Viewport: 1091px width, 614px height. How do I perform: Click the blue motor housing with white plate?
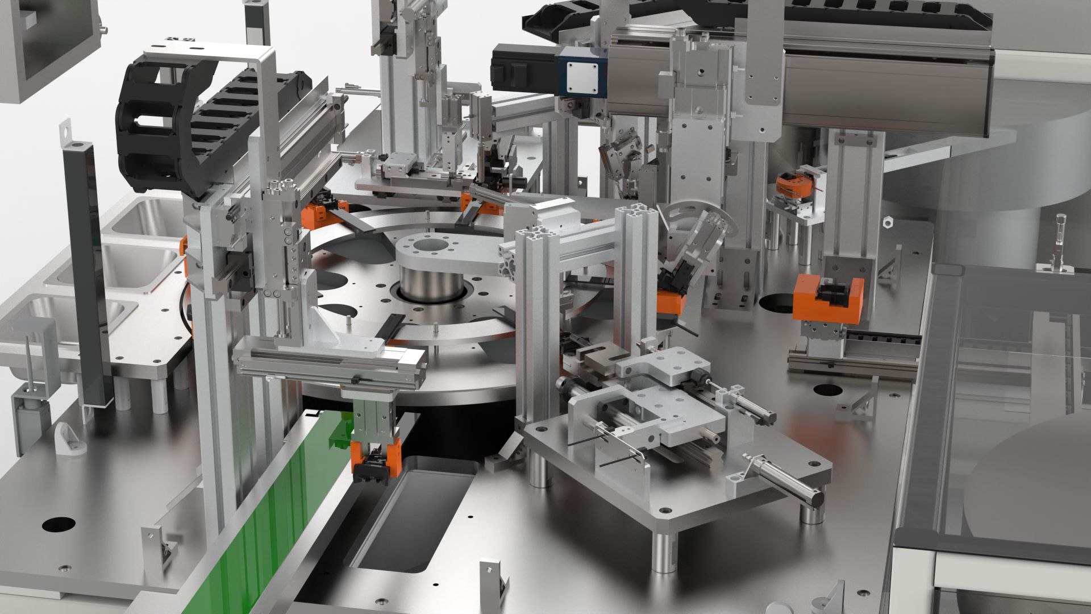click(x=583, y=72)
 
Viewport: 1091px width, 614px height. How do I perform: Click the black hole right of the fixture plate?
click(x=830, y=390)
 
